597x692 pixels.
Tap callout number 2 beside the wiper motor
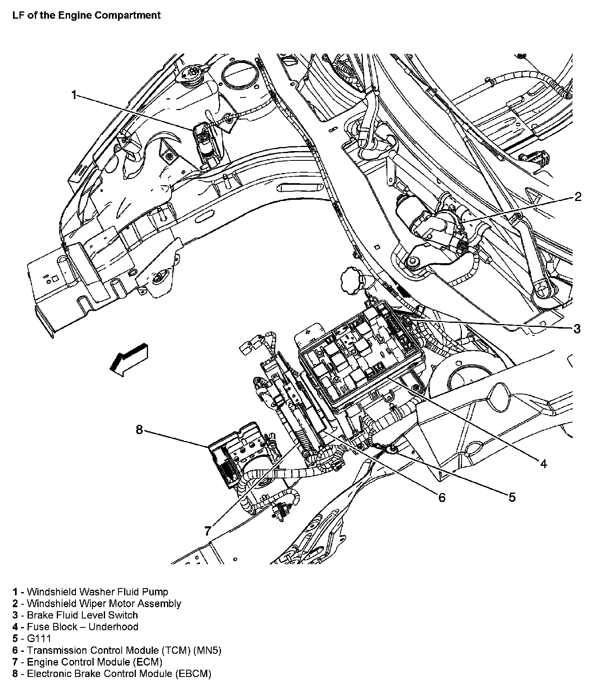pos(578,197)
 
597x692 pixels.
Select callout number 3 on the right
pos(577,329)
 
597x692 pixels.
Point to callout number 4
pos(543,463)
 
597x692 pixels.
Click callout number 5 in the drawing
pos(512,497)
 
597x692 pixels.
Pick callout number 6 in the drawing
pos(441,497)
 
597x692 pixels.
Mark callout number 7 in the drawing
pos(208,530)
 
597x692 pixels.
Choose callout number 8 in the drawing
pos(139,430)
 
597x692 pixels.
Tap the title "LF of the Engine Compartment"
pos(86,15)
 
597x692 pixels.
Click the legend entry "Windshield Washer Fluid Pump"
pos(97,592)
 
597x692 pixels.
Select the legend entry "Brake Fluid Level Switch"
pos(82,615)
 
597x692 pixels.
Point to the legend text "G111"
pos(39,638)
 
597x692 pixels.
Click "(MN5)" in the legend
pos(207,650)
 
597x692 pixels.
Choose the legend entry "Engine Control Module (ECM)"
pos(94,662)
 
